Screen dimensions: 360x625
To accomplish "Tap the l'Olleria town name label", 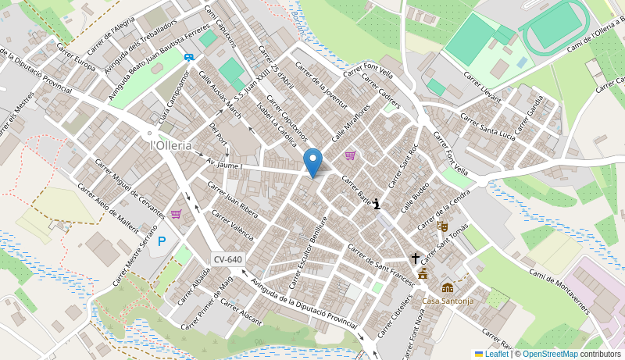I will [x=171, y=145].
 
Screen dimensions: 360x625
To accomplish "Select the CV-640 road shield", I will [x=227, y=259].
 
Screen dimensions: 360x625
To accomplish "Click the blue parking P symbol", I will [x=162, y=241].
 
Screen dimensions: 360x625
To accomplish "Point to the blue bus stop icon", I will [x=188, y=56].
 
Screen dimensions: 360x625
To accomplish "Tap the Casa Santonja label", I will [x=448, y=301].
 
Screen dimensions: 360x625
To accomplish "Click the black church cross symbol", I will [x=416, y=258].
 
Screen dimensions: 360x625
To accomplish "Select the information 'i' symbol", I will [x=377, y=204].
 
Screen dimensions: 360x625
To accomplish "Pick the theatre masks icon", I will [x=442, y=226].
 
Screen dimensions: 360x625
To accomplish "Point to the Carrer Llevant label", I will [x=482, y=86].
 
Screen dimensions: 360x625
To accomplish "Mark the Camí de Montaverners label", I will [x=559, y=290].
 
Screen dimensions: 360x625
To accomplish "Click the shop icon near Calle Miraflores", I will [x=350, y=155].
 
